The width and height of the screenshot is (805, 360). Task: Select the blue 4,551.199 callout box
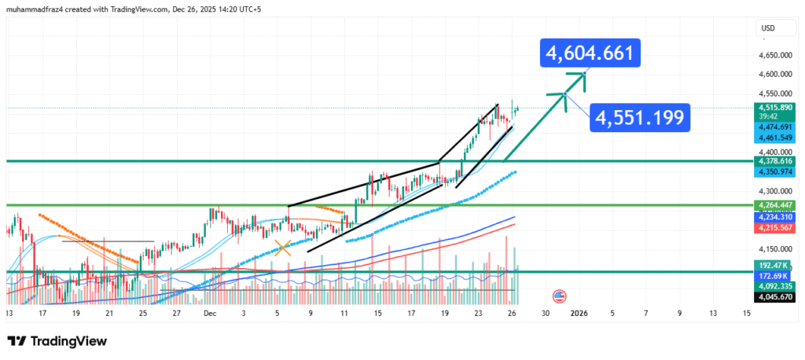pos(640,119)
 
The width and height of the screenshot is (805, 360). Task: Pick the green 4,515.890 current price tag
pos(771,107)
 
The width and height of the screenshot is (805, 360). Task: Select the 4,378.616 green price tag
pos(771,160)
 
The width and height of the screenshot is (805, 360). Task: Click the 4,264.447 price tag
pos(771,205)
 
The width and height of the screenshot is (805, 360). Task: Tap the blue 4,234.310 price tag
pos(771,217)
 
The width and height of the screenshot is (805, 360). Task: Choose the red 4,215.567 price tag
pos(771,228)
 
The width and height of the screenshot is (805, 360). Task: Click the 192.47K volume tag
pos(771,266)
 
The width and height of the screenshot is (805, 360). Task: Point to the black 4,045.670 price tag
pos(771,298)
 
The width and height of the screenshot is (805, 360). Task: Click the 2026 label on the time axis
pos(578,313)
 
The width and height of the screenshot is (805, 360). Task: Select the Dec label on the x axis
pos(210,313)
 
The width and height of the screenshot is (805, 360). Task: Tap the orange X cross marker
pos(283,249)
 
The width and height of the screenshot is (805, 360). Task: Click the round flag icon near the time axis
pos(560,296)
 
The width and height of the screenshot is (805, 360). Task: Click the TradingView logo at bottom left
pos(57,342)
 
